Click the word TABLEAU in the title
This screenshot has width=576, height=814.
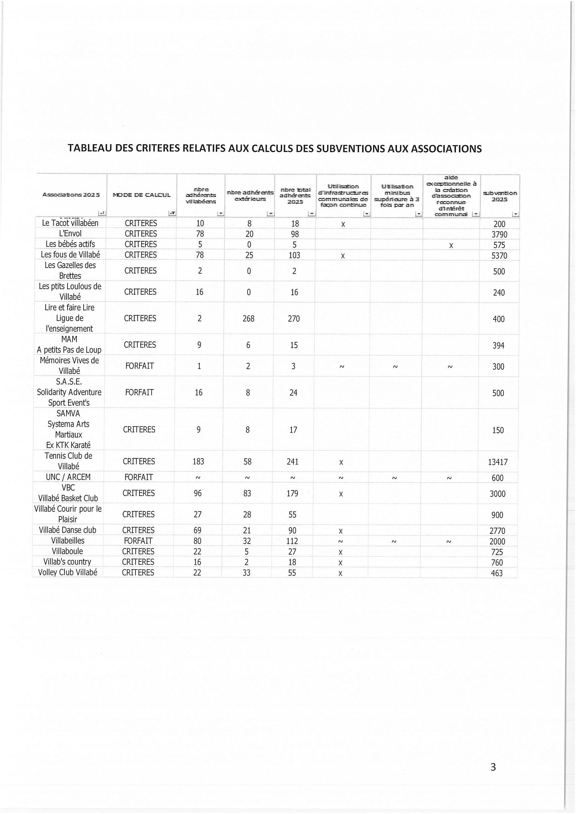(x=90, y=148)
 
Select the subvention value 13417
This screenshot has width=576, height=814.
(x=497, y=462)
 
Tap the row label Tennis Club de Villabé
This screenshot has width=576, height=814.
(x=68, y=461)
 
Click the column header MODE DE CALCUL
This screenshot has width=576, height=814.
(x=141, y=195)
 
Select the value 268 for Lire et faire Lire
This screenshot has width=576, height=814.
(x=248, y=319)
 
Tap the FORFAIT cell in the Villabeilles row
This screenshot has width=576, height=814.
(x=138, y=541)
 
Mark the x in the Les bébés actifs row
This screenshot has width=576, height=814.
(x=451, y=245)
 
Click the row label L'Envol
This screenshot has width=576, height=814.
(x=70, y=234)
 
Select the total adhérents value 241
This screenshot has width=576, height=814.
(x=293, y=462)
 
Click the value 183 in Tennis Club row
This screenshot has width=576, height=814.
(x=198, y=462)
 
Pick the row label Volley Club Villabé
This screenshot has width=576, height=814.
(x=67, y=572)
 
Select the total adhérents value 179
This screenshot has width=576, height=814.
(x=292, y=493)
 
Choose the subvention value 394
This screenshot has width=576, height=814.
(x=498, y=346)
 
